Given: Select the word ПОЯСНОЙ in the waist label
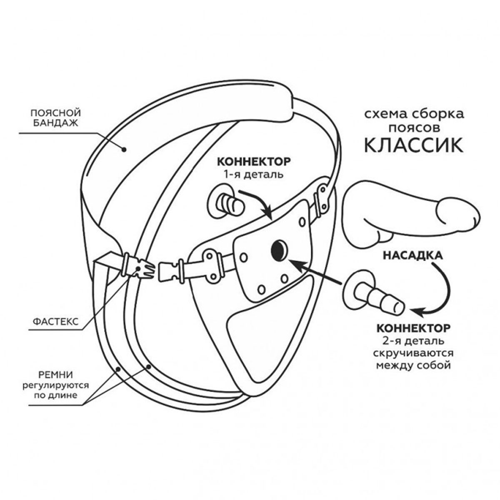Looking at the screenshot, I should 56,113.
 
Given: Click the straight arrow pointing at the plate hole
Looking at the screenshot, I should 317,273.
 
